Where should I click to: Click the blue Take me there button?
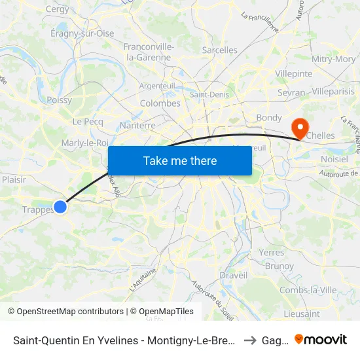pos(180,160)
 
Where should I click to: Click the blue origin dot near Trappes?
pos(60,207)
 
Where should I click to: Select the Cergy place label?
pos(58,9)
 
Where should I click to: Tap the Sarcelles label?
pos(220,50)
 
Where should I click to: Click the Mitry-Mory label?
pos(334,59)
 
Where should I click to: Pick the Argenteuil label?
pos(158,86)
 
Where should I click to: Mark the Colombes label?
pos(160,103)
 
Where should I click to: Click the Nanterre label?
pos(138,125)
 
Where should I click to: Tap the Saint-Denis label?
pos(209,94)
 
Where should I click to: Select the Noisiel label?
pos(334,159)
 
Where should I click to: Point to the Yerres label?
pos(271,253)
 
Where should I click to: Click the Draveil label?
pos(234,276)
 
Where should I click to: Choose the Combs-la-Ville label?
pos(308,290)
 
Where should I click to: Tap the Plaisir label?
pos(14,179)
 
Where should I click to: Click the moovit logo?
pos(321,339)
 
